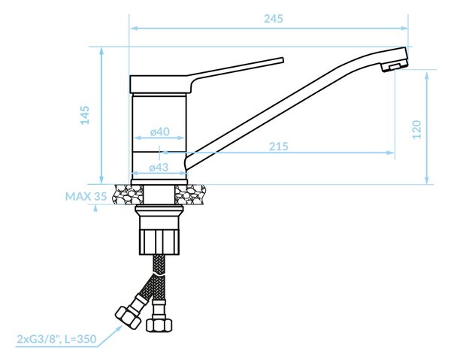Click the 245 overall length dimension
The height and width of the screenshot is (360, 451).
(274, 19)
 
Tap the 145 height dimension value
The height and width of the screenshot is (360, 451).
(85, 115)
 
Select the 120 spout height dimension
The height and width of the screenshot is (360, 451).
(416, 129)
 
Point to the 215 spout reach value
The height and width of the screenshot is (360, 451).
(278, 147)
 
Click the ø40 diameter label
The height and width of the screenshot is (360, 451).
(160, 132)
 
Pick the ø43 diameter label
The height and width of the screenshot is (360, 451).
(159, 167)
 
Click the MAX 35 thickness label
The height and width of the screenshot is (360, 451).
(86, 196)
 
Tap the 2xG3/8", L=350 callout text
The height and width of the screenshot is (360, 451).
(56, 339)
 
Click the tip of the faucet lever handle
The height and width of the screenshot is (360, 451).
(283, 60)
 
